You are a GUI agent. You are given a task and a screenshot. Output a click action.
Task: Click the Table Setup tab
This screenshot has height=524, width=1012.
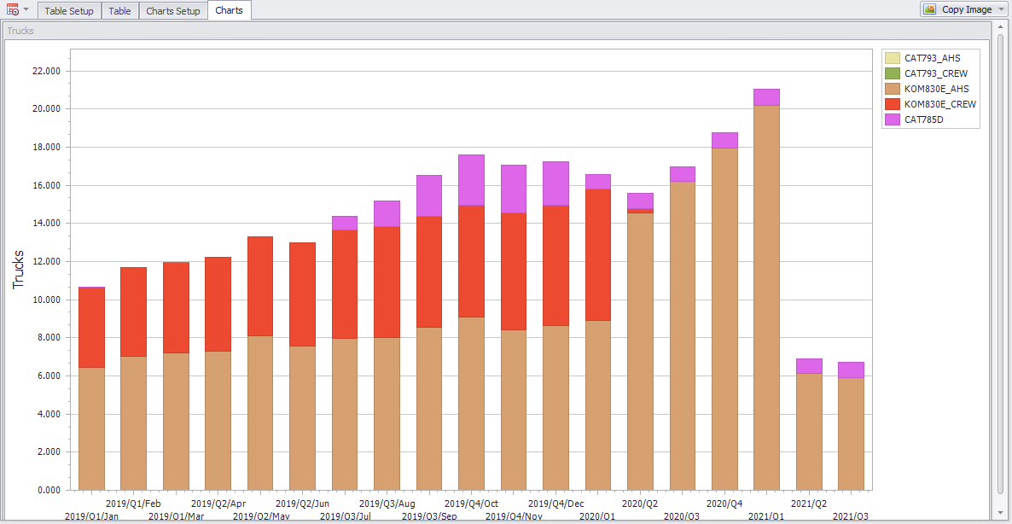coord(69,11)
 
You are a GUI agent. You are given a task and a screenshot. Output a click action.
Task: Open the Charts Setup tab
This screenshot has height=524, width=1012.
coord(173,11)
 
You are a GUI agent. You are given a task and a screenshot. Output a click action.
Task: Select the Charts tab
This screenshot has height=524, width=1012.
coord(229,10)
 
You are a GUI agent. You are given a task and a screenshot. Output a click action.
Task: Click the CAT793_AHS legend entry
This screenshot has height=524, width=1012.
coord(932,58)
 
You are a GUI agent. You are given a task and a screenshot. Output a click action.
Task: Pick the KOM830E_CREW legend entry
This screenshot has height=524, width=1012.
coord(939,104)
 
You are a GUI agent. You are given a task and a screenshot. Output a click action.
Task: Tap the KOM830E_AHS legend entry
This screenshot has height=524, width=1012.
coord(936,89)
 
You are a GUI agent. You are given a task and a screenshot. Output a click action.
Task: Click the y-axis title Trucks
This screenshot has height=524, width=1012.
coord(19,270)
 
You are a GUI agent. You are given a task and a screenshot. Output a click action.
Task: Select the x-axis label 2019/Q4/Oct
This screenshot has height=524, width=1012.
coord(471,504)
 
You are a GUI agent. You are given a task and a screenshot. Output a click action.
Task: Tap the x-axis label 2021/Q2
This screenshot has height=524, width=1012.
coord(809,504)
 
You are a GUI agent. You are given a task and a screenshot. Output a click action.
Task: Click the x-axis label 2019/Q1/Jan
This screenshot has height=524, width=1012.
coord(91,516)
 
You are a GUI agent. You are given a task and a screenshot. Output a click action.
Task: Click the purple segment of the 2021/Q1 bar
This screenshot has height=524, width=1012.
coord(766,96)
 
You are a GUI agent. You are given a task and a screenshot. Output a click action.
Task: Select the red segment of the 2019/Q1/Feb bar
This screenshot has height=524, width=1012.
coord(133,311)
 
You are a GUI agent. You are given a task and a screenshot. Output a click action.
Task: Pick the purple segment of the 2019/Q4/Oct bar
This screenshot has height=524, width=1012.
coord(471,180)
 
